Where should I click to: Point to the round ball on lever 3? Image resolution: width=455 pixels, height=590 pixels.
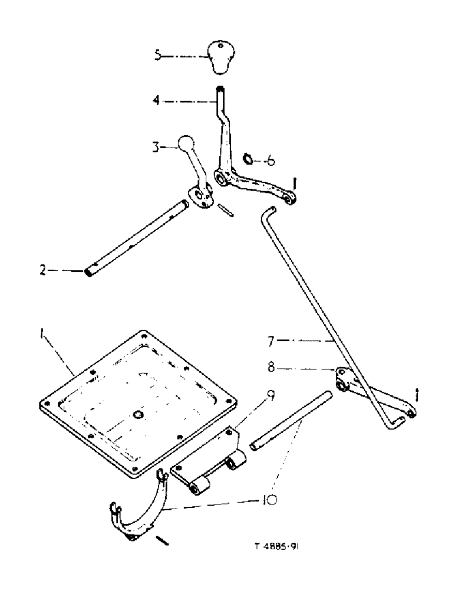pos(186,144)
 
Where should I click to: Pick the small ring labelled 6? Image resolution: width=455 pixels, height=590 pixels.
pos(248,158)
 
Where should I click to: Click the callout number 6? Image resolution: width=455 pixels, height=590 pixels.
pos(271,160)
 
